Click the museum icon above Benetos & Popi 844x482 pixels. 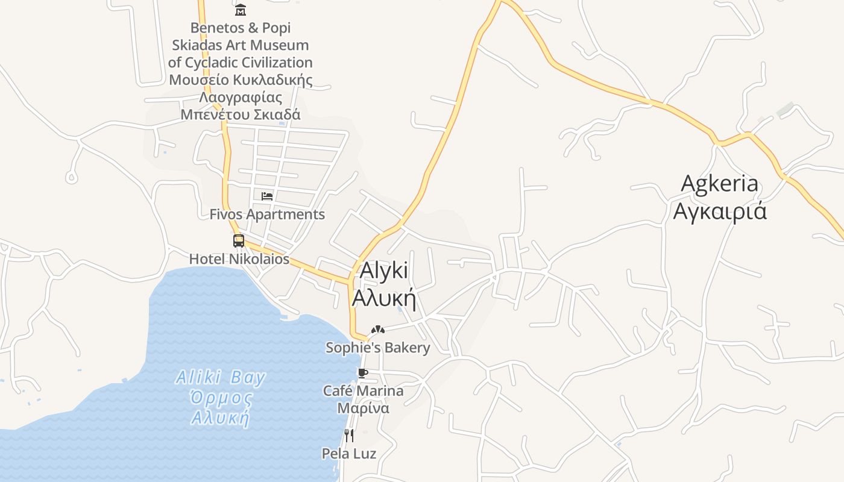(x=241, y=10)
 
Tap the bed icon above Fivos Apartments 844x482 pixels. (x=267, y=196)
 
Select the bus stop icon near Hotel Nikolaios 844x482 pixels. (x=239, y=241)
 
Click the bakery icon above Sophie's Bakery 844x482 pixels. (x=378, y=330)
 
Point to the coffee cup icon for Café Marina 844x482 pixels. (x=362, y=374)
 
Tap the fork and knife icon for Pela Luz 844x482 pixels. (x=349, y=435)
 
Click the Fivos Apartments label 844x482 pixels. (x=267, y=214)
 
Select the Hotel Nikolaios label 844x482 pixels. (x=239, y=259)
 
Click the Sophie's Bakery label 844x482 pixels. (x=378, y=348)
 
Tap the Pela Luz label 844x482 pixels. (x=349, y=454)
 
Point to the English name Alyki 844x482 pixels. (x=383, y=271)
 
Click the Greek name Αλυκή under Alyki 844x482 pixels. (x=384, y=298)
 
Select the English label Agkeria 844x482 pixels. (x=719, y=183)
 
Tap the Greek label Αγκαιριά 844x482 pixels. (x=720, y=211)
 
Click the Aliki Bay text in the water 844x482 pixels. (x=221, y=378)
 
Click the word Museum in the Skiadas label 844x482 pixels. (x=279, y=45)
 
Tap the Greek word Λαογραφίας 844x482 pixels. (x=241, y=98)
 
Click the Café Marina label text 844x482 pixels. (x=364, y=391)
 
